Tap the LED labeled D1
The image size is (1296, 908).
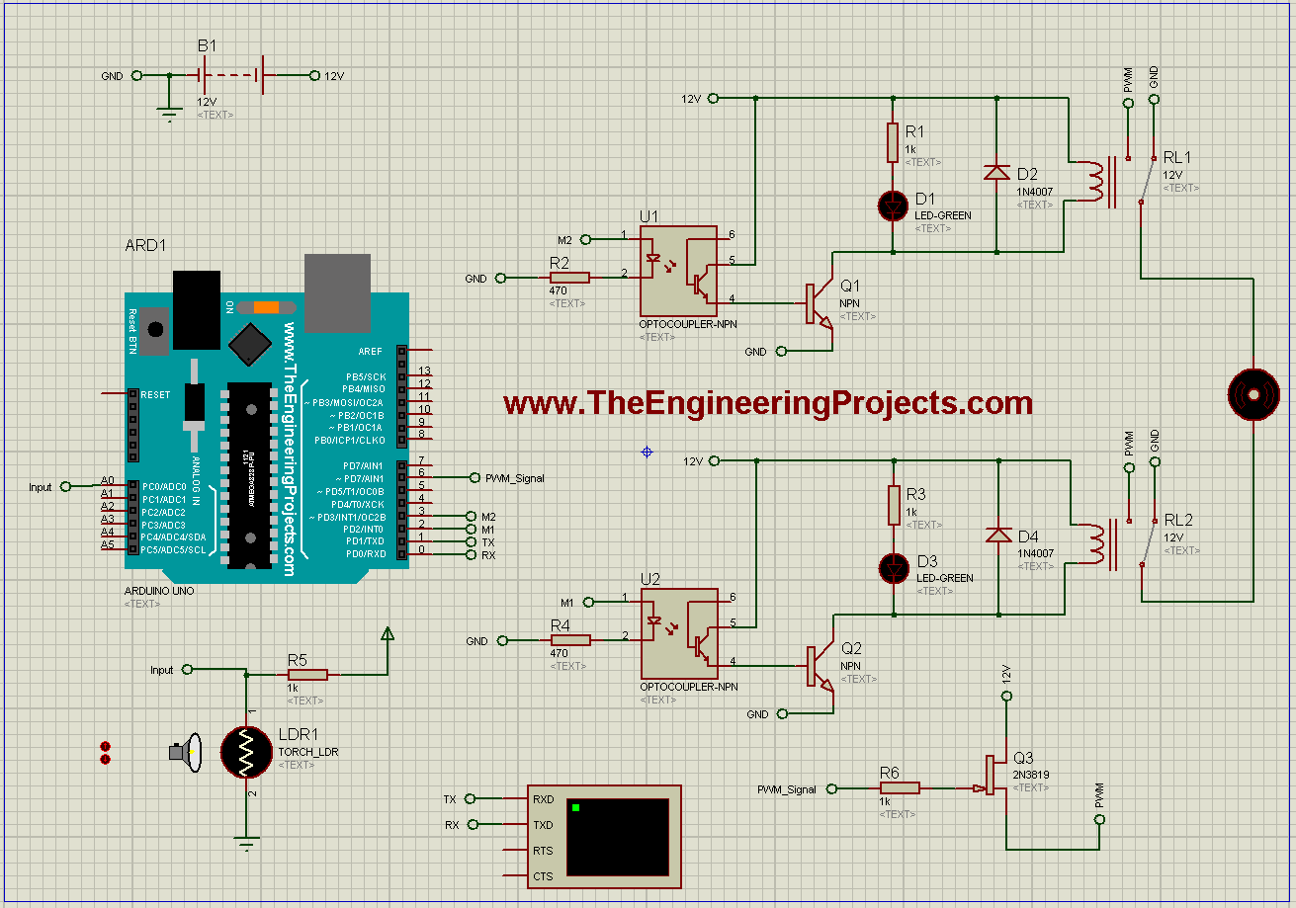pos(895,206)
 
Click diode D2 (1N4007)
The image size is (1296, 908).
pos(995,172)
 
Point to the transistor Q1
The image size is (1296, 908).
pos(820,304)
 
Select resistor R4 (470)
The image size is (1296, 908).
pos(570,640)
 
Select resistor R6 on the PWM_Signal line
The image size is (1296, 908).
pos(900,787)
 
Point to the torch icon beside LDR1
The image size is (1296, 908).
pos(185,753)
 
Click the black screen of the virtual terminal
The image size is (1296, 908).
pos(618,839)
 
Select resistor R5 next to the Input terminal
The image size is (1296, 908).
pos(306,675)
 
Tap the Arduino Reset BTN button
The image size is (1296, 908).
pos(153,330)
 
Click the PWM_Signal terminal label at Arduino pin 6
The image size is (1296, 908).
pos(514,478)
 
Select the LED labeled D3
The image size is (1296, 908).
pos(895,568)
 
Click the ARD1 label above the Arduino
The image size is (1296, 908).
pos(144,245)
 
